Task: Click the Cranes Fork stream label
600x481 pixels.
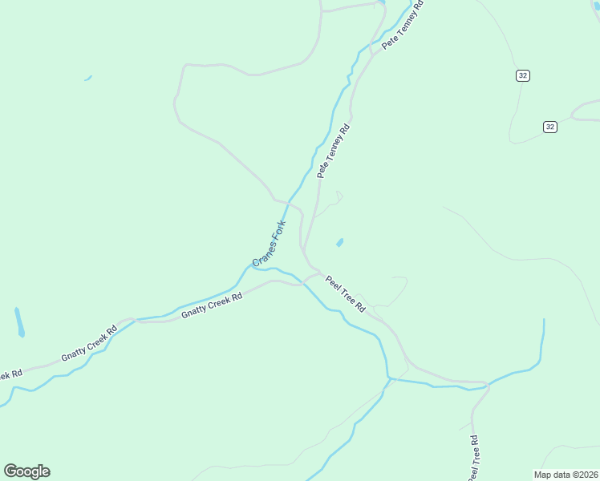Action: click(269, 245)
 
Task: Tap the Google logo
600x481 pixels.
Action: click(26, 471)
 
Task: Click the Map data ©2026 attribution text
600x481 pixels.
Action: click(566, 474)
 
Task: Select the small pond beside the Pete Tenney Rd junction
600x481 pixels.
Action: click(340, 241)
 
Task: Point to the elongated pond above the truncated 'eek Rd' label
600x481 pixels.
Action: click(19, 321)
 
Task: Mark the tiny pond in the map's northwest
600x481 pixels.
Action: click(87, 78)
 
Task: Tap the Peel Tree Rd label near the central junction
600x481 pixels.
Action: click(346, 294)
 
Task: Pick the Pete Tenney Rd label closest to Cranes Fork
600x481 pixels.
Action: click(333, 151)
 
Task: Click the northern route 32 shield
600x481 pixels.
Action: click(523, 75)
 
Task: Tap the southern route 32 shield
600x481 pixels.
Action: click(549, 127)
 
